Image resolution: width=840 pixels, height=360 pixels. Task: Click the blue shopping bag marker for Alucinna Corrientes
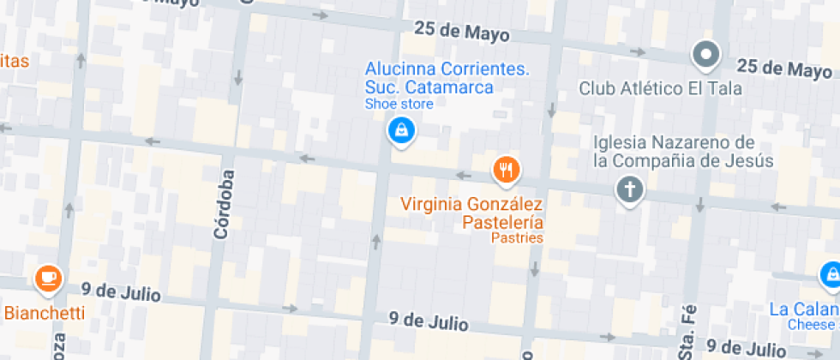tap(400, 130)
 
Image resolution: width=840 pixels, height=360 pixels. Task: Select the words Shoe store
tap(399, 105)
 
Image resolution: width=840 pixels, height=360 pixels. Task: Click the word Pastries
tap(517, 237)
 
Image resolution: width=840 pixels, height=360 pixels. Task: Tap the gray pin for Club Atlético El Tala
tap(705, 56)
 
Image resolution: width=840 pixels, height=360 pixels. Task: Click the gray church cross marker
tap(630, 189)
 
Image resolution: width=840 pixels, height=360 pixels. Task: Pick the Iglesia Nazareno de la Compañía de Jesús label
tap(682, 151)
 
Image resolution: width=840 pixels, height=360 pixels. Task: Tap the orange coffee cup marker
tap(48, 278)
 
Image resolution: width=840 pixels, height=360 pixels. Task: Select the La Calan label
tap(803, 309)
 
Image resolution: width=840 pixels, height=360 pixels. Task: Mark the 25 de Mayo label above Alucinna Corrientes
tap(461, 32)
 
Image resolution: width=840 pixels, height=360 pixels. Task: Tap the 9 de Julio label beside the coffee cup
tap(121, 291)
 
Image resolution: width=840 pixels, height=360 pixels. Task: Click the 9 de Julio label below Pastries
tap(428, 322)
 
